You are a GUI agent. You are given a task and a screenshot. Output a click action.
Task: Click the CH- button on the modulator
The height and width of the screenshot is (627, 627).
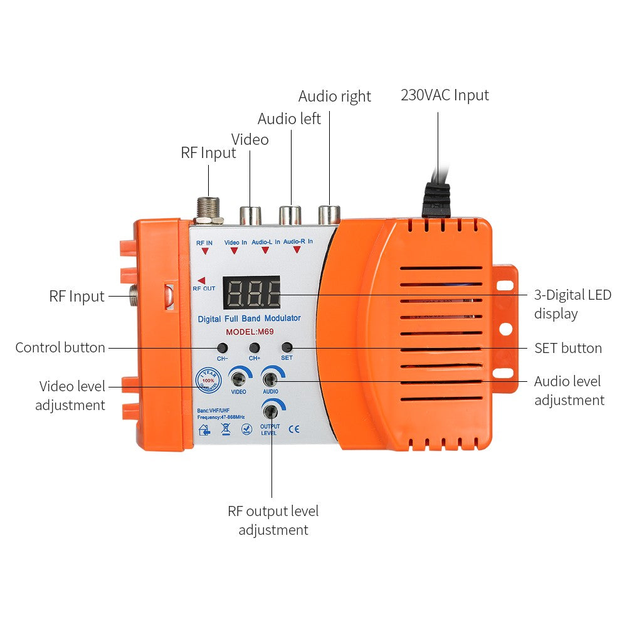pos(222,347)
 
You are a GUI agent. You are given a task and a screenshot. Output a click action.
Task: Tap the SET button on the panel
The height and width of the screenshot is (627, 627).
pos(287,347)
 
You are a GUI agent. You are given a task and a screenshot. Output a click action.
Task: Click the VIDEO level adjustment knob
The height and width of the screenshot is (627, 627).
pos(238,378)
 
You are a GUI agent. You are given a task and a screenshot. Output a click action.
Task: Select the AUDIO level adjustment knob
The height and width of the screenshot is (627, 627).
pos(271,378)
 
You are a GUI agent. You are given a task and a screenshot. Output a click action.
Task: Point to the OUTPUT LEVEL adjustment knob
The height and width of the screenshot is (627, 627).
pos(271,411)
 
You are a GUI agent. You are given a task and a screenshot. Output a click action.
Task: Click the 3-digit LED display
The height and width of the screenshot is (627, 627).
pos(251,292)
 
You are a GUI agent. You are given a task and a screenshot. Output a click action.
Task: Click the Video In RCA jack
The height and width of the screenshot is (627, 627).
pos(250,215)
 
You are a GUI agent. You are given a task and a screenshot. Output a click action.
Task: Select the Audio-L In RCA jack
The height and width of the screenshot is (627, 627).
pos(291,214)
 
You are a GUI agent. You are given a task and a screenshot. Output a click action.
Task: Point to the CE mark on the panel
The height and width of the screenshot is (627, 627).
pos(294,429)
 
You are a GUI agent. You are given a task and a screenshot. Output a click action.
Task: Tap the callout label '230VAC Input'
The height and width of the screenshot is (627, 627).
pos(445,95)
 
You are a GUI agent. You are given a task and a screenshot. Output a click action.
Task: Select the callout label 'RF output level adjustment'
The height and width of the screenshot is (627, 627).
pos(273,520)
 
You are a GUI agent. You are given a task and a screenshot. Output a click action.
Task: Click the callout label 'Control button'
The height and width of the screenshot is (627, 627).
pos(60,347)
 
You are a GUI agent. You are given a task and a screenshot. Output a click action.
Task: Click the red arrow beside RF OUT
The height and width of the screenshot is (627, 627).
pos(201,280)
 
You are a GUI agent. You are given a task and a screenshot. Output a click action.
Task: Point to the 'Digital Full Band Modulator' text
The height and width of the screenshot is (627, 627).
pos(249,319)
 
